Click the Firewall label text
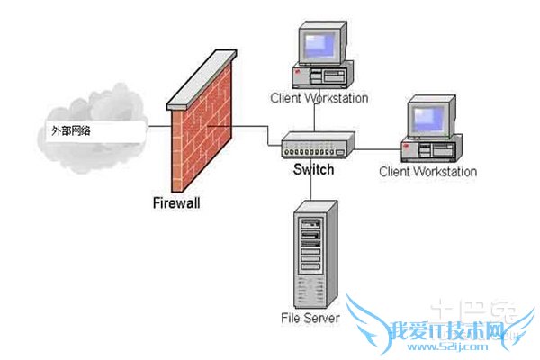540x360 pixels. (x=175, y=202)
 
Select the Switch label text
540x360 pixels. (x=312, y=170)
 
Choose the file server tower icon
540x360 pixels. (x=308, y=256)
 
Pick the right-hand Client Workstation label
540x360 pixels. (x=427, y=171)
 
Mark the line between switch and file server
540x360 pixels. (x=310, y=184)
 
